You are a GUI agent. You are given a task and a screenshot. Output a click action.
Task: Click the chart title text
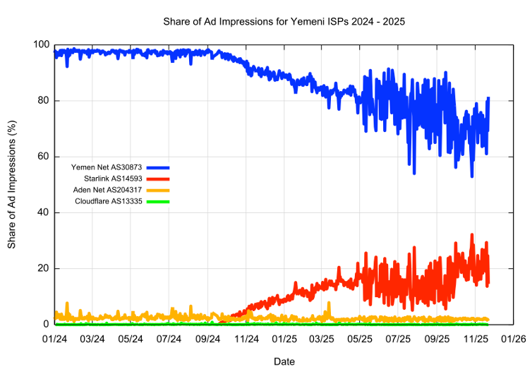tap(284, 22)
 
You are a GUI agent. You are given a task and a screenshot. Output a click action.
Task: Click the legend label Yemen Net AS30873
tap(107, 167)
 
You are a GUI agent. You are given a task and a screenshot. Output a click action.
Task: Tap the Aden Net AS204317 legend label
tap(109, 191)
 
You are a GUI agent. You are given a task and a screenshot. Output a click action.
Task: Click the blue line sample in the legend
tap(158, 168)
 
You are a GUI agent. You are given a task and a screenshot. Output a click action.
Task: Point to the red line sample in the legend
tap(158, 179)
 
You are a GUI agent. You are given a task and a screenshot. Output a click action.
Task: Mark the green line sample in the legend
tap(158, 202)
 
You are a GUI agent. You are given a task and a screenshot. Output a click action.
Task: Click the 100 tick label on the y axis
tap(41, 45)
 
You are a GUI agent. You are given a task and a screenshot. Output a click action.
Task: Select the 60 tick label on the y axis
tap(44, 157)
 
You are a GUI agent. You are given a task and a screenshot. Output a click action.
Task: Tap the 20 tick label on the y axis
tap(44, 268)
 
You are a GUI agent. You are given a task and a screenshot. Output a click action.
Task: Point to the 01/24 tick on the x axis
tap(55, 338)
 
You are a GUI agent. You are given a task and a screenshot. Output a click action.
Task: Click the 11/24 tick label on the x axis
tap(246, 338)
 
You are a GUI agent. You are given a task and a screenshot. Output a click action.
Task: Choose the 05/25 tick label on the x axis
tap(360, 338)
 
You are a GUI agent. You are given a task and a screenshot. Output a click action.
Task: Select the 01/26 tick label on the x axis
tap(512, 338)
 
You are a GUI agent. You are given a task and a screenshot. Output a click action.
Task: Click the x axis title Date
tap(284, 361)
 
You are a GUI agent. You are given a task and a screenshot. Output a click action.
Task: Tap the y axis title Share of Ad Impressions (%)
tap(12, 185)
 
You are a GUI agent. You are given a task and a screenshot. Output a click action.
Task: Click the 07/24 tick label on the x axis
tap(169, 338)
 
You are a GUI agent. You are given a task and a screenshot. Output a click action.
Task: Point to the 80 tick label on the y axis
tap(44, 101)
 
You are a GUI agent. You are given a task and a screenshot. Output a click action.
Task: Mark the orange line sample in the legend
tap(158, 191)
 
